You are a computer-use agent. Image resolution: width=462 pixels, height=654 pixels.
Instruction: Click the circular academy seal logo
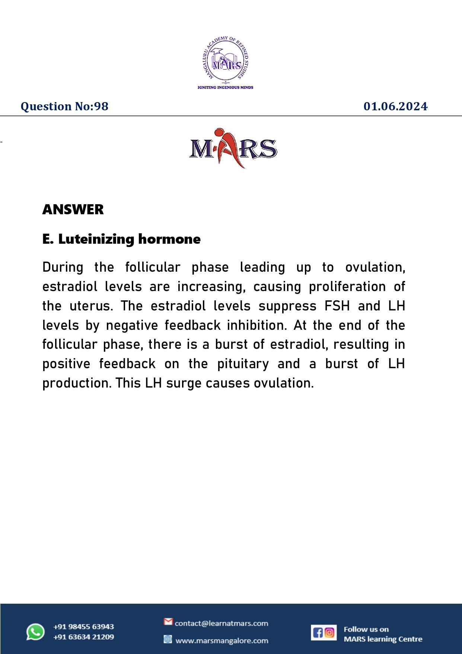[x=226, y=60]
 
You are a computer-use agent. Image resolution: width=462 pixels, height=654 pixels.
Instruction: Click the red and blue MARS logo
[x=233, y=148]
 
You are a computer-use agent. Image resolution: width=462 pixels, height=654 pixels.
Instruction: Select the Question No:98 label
[x=64, y=107]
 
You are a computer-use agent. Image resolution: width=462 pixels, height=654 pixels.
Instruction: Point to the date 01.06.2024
[x=395, y=107]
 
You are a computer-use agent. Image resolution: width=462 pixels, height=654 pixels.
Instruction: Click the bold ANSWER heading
[x=73, y=209]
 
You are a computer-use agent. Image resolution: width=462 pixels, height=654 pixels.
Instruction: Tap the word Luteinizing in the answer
[x=96, y=239]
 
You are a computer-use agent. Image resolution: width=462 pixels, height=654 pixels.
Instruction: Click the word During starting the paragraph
[x=63, y=267]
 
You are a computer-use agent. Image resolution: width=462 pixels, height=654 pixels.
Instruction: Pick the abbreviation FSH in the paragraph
[x=337, y=306]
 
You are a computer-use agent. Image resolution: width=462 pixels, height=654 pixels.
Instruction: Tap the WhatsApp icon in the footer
[x=35, y=632]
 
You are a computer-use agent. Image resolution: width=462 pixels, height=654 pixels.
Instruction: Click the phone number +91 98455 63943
[x=83, y=627]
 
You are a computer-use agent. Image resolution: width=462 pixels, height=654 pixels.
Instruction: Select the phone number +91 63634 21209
[x=83, y=637]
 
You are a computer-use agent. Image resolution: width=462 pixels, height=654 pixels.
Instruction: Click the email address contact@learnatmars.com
[x=221, y=623]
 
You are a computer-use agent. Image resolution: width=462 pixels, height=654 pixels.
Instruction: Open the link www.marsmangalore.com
[x=222, y=641]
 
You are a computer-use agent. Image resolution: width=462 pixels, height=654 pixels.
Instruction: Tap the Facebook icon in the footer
[x=318, y=632]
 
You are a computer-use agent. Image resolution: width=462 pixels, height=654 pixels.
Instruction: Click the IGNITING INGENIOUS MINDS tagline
[x=225, y=87]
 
